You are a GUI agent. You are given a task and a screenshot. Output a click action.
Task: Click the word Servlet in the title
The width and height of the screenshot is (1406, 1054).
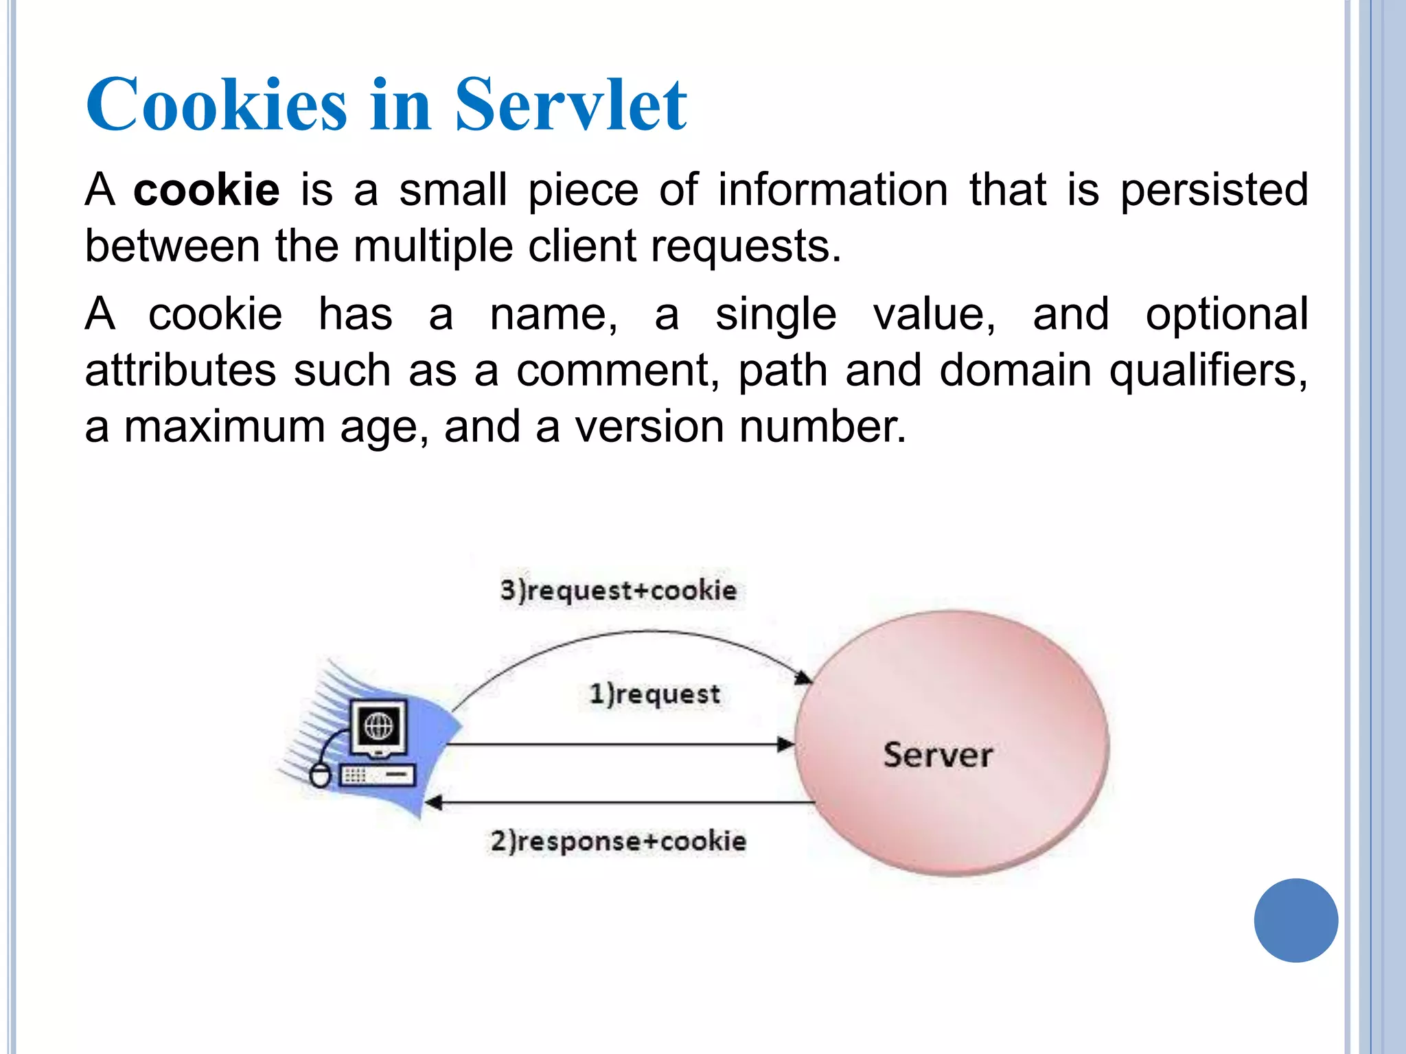(571, 104)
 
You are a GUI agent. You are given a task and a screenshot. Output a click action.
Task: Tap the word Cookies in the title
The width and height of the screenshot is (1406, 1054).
(216, 104)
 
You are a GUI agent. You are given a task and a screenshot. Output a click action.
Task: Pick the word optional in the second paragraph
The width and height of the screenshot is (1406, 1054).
(1227, 314)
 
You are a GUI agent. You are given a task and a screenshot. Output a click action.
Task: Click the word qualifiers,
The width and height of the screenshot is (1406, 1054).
(1209, 371)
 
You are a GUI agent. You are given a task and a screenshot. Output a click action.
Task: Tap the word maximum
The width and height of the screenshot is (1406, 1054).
(224, 427)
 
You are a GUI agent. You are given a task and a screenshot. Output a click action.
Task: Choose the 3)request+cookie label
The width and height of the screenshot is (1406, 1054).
(618, 590)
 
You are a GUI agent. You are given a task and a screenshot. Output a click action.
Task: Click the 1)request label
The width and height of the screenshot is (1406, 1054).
(655, 694)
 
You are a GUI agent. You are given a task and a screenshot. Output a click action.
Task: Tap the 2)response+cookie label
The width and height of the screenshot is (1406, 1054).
(618, 841)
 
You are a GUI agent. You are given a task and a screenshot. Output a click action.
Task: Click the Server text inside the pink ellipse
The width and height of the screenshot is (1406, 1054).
(938, 755)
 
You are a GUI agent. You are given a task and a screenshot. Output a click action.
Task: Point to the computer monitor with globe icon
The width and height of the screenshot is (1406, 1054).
(378, 727)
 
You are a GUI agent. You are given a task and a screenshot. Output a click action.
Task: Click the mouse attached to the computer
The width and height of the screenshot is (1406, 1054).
(320, 775)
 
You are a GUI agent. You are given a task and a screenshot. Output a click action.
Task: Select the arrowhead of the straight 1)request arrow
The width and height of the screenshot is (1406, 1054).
(786, 745)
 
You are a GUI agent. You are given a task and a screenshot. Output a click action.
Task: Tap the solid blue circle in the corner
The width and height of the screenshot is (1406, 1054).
(1295, 920)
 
